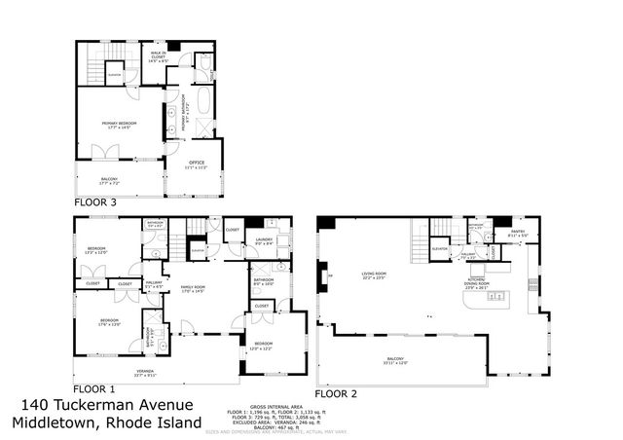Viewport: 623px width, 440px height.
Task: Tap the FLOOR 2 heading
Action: point(336,393)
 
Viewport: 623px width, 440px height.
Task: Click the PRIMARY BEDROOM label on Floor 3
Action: point(120,124)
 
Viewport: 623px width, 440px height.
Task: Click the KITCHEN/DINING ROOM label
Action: point(477,284)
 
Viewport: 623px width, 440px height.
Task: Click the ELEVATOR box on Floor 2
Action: point(439,248)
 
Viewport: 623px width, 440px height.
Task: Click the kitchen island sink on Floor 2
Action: point(469,304)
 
